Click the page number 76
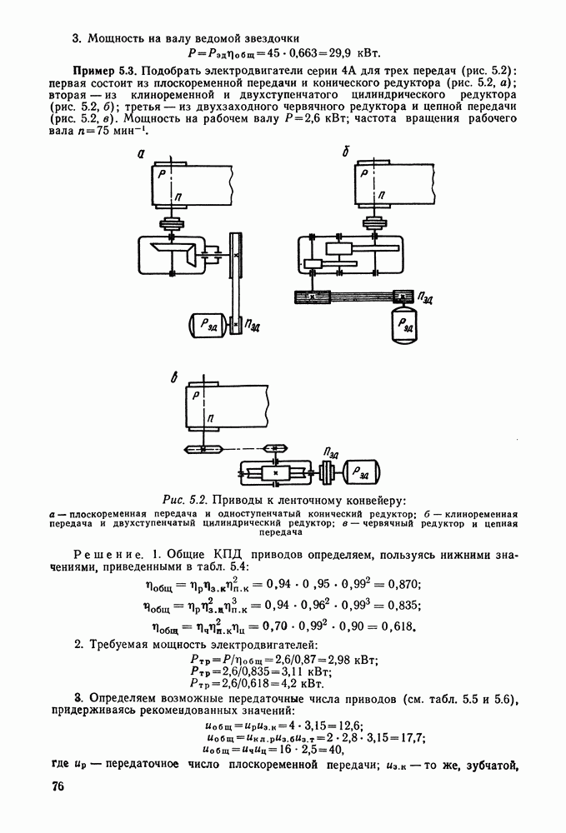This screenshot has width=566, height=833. [x=58, y=786]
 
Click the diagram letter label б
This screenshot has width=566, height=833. [x=346, y=152]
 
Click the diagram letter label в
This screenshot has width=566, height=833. [x=174, y=377]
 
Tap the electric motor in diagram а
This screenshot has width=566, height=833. [x=208, y=324]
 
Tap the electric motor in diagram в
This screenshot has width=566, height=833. [x=362, y=471]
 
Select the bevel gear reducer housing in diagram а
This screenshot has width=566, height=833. [x=171, y=256]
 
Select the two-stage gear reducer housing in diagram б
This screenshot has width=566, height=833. [x=351, y=256]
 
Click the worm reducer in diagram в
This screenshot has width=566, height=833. [x=275, y=471]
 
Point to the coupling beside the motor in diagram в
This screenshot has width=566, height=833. [x=328, y=471]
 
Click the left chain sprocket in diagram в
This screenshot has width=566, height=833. [x=203, y=450]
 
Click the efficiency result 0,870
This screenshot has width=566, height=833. [x=404, y=584]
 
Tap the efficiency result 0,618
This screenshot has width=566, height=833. [x=398, y=626]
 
